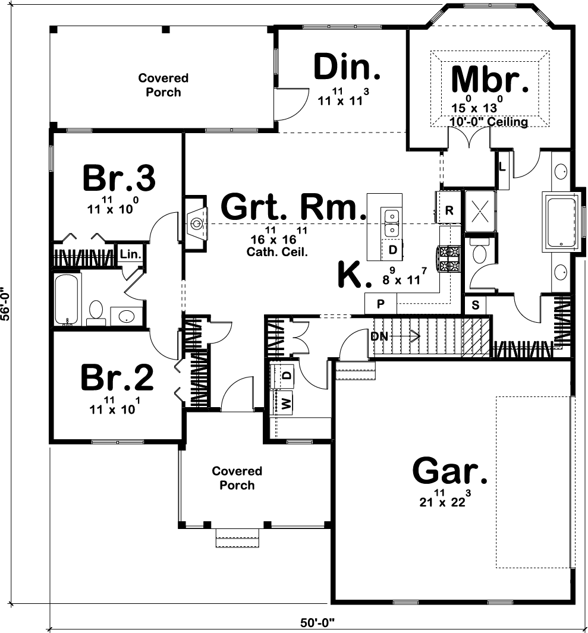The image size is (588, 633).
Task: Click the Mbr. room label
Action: click(490, 80)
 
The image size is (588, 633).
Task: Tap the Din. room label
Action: click(347, 67)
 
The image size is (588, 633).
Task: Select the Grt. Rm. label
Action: click(293, 207)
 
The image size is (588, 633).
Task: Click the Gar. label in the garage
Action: click(450, 471)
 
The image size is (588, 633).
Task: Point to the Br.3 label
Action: click(119, 177)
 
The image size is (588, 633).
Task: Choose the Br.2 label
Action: click(117, 377)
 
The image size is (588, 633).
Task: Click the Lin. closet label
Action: click(130, 254)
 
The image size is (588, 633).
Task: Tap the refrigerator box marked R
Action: click(449, 210)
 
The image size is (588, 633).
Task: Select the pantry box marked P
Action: click(381, 304)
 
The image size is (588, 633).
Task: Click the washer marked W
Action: click(286, 404)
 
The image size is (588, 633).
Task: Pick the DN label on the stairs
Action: click(379, 336)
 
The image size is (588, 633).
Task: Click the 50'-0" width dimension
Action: click(317, 623)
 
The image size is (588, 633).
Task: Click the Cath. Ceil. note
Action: click(277, 251)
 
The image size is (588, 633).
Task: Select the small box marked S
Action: click(475, 306)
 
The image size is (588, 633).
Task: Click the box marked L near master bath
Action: click(502, 167)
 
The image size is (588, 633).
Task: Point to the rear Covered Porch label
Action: click(163, 85)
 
